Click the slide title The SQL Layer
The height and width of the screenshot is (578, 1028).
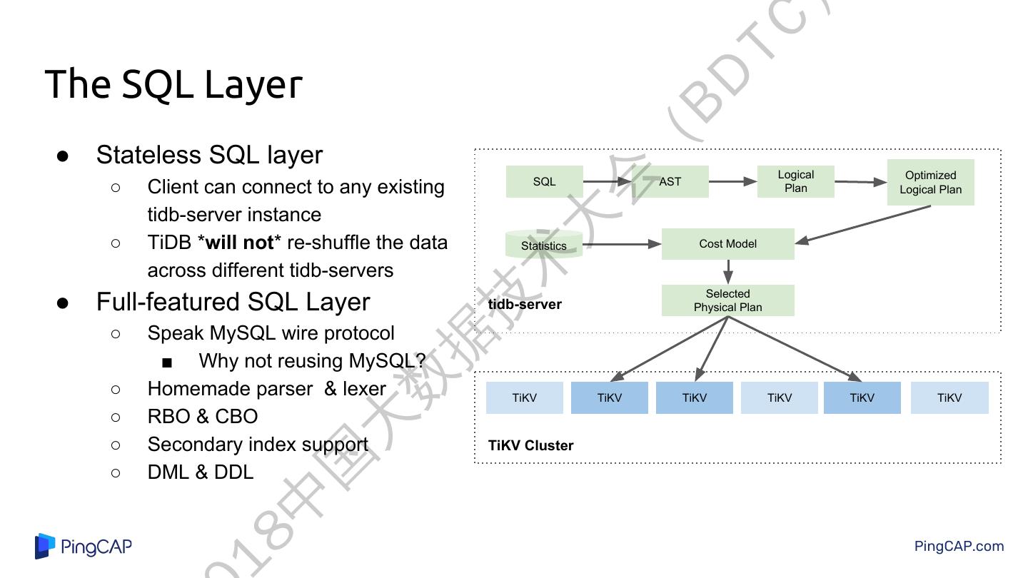173,84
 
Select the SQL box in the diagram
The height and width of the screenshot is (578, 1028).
544,182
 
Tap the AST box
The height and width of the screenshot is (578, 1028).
670,182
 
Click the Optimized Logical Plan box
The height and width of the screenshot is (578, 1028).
930,183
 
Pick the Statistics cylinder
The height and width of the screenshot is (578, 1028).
544,245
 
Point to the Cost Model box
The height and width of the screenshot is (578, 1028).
727,244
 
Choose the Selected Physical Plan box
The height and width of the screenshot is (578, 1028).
727,300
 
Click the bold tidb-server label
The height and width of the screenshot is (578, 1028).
525,305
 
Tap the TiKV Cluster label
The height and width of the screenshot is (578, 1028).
530,446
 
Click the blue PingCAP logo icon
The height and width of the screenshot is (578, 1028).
45,546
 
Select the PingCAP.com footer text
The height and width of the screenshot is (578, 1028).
959,547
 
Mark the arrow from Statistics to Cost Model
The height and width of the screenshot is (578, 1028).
621,245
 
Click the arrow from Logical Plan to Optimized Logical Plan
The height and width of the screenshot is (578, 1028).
860,182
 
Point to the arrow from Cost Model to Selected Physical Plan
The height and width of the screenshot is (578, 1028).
727,272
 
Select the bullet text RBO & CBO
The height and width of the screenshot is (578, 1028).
203,417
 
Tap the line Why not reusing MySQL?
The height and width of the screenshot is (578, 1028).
312,361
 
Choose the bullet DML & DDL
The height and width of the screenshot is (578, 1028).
201,472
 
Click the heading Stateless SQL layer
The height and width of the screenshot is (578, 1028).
209,155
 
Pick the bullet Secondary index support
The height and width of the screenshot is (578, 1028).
258,445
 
